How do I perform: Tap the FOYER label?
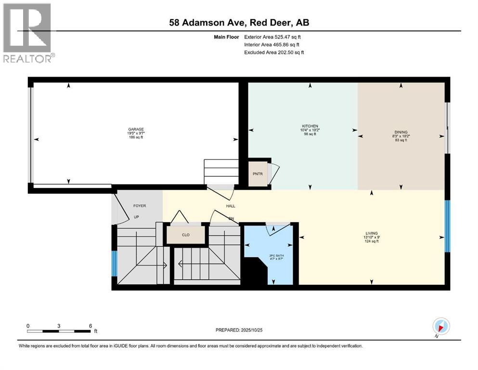[x=140, y=206]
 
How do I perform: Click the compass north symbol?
[x=441, y=326]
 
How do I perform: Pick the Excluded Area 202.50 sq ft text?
[x=274, y=52]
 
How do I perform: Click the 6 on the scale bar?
[x=90, y=326]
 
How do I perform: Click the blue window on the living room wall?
[x=447, y=226]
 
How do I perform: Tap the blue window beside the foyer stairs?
[x=114, y=264]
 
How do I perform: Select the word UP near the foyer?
[x=136, y=217]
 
